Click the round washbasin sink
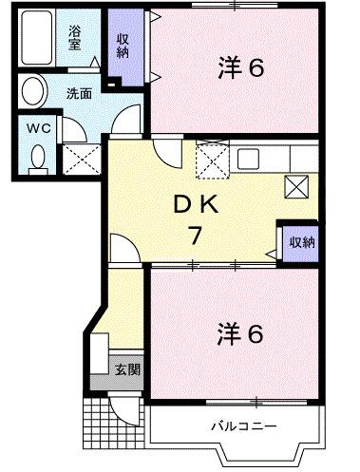[33, 94]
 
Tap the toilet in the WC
[38, 156]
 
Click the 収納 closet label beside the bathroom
[123, 45]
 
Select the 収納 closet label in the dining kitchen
[302, 243]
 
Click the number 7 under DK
[194, 236]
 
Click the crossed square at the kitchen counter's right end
[296, 184]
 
